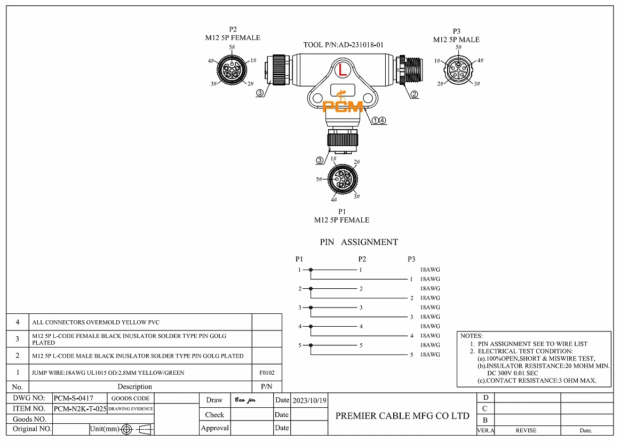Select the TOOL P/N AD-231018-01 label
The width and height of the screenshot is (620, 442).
click(x=343, y=45)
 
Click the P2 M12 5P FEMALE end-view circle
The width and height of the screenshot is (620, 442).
click(x=232, y=70)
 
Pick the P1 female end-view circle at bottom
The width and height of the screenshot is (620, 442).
click(x=343, y=179)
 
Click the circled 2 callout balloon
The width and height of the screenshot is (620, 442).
click(x=415, y=94)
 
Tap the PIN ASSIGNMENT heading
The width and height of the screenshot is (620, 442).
click(x=359, y=242)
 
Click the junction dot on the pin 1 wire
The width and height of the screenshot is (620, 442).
click(x=311, y=270)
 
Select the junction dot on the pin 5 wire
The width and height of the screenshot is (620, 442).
click(x=311, y=345)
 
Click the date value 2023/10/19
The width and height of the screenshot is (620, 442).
click(x=309, y=400)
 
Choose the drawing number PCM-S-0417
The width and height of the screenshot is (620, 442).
click(x=74, y=398)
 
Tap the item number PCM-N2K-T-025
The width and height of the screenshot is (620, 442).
click(x=80, y=409)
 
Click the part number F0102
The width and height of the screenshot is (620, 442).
click(x=267, y=373)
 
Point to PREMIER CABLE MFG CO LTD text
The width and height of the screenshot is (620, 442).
click(x=402, y=416)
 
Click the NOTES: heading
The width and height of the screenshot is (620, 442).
click(x=471, y=336)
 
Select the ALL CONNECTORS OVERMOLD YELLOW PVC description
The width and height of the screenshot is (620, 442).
click(x=96, y=322)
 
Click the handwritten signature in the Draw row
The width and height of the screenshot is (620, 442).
click(x=245, y=400)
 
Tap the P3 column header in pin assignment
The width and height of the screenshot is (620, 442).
click(x=411, y=259)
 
